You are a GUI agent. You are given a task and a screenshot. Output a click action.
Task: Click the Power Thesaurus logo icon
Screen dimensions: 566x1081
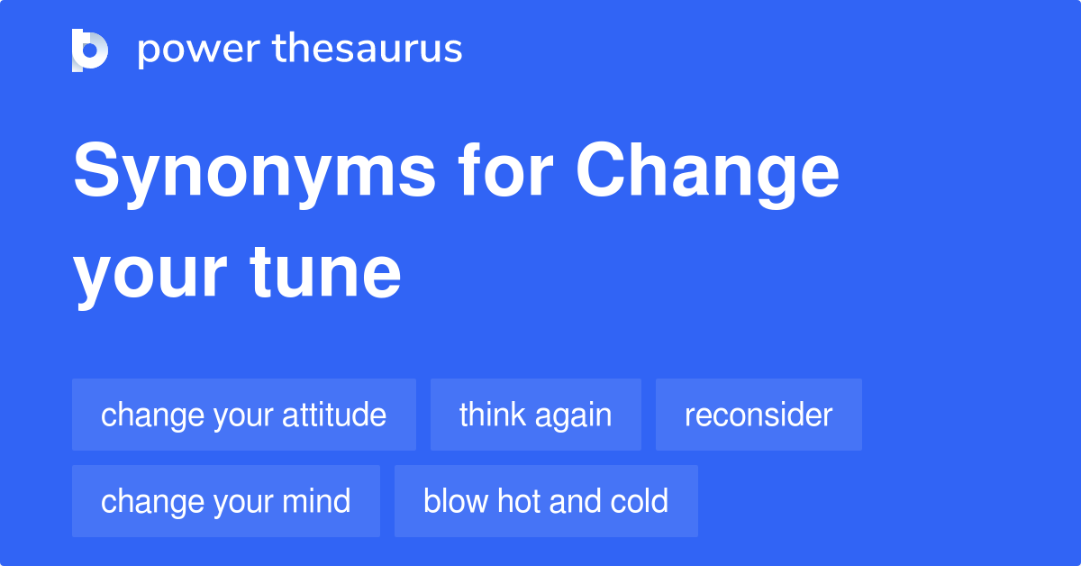pos(90,50)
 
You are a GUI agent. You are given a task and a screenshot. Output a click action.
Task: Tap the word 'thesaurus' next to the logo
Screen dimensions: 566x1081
pos(368,50)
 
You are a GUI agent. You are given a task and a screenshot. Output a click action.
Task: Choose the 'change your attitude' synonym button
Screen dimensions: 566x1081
pos(244,415)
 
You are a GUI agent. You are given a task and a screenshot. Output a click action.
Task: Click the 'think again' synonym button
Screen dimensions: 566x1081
pos(536,415)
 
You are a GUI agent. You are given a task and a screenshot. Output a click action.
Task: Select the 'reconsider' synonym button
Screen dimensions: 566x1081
pos(759,415)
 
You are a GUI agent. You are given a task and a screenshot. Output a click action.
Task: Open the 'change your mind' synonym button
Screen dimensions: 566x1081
pos(226,501)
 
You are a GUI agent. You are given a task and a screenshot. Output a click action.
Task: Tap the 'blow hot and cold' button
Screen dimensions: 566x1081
pos(546,501)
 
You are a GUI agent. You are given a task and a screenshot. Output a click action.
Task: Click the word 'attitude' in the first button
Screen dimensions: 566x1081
pos(334,415)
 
